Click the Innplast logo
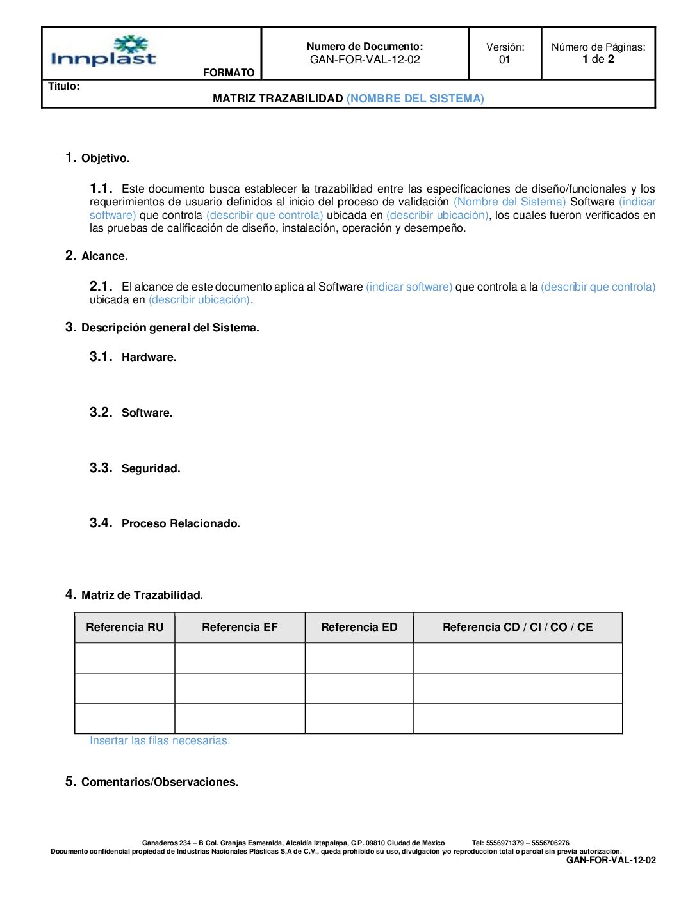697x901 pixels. click(103, 52)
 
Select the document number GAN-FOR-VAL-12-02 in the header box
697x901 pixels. click(365, 60)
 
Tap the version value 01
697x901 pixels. click(505, 60)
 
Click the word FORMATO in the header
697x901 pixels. click(229, 72)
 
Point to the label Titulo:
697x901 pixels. click(64, 86)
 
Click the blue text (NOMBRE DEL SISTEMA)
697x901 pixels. click(415, 99)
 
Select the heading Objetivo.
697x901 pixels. click(106, 158)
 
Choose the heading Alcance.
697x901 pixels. click(104, 256)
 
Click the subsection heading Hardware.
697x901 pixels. click(149, 357)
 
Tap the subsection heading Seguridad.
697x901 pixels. click(151, 468)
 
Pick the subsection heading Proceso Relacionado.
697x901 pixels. click(181, 523)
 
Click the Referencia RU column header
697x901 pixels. click(125, 627)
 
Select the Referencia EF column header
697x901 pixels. click(240, 627)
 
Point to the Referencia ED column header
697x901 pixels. click(359, 627)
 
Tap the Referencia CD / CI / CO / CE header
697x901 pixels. click(518, 627)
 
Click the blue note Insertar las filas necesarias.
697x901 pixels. click(160, 740)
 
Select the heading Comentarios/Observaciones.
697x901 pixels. click(160, 782)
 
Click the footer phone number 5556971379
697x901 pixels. click(505, 843)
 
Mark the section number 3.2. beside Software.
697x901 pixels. click(101, 412)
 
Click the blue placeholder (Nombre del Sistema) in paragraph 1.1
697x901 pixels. click(509, 202)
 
